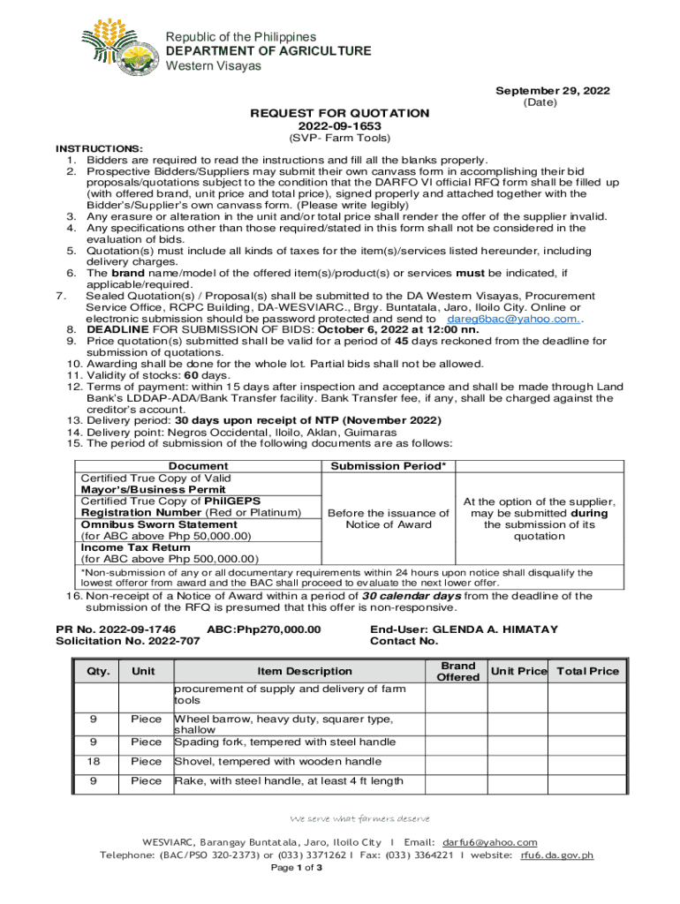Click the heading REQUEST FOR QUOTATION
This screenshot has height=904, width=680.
(340, 113)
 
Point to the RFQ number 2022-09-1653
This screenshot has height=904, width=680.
(340, 126)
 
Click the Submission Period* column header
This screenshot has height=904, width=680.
(388, 466)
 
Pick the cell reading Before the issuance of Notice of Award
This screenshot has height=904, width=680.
(388, 518)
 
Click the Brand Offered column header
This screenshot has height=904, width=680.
(458, 671)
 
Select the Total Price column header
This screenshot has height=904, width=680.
(587, 671)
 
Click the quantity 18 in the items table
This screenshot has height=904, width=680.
(94, 761)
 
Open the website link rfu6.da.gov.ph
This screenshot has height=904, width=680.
(556, 855)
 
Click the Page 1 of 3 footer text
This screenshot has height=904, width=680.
(296, 868)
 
